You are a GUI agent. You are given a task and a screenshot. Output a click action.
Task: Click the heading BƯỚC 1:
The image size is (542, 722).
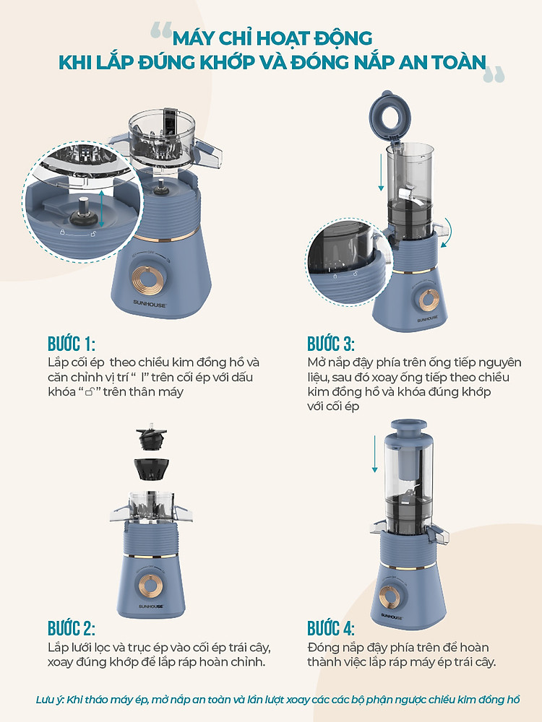[x=72, y=344]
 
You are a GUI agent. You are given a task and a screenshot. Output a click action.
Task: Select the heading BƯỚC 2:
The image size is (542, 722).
[x=72, y=628]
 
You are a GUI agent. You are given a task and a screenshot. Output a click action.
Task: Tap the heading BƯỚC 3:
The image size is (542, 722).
[x=331, y=344]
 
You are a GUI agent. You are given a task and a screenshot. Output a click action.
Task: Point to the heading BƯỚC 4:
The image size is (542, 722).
[x=331, y=628]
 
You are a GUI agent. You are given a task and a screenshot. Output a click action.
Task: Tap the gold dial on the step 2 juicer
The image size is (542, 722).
[x=150, y=584]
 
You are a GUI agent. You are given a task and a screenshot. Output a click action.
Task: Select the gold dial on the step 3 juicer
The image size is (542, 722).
[x=429, y=300]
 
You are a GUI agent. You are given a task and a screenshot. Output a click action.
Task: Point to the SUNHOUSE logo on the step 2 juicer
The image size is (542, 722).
[x=151, y=606]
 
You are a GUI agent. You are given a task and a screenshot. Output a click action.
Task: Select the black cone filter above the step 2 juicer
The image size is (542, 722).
[x=151, y=469]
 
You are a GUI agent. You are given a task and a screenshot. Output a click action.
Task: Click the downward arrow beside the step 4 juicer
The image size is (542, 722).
[x=374, y=453]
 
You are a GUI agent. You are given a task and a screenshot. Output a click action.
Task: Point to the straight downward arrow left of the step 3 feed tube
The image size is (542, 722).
[x=381, y=173]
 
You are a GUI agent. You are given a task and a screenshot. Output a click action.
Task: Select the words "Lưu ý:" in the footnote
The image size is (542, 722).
[x=50, y=700]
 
